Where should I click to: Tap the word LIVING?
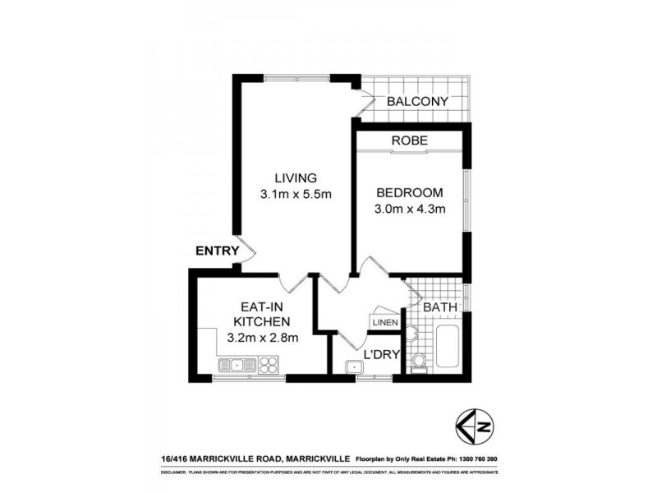click(295, 177)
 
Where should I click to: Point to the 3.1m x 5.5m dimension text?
click(295, 195)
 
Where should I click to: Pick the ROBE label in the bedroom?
click(409, 141)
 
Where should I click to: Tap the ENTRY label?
click(217, 251)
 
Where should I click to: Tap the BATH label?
click(439, 307)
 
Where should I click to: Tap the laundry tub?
click(355, 367)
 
